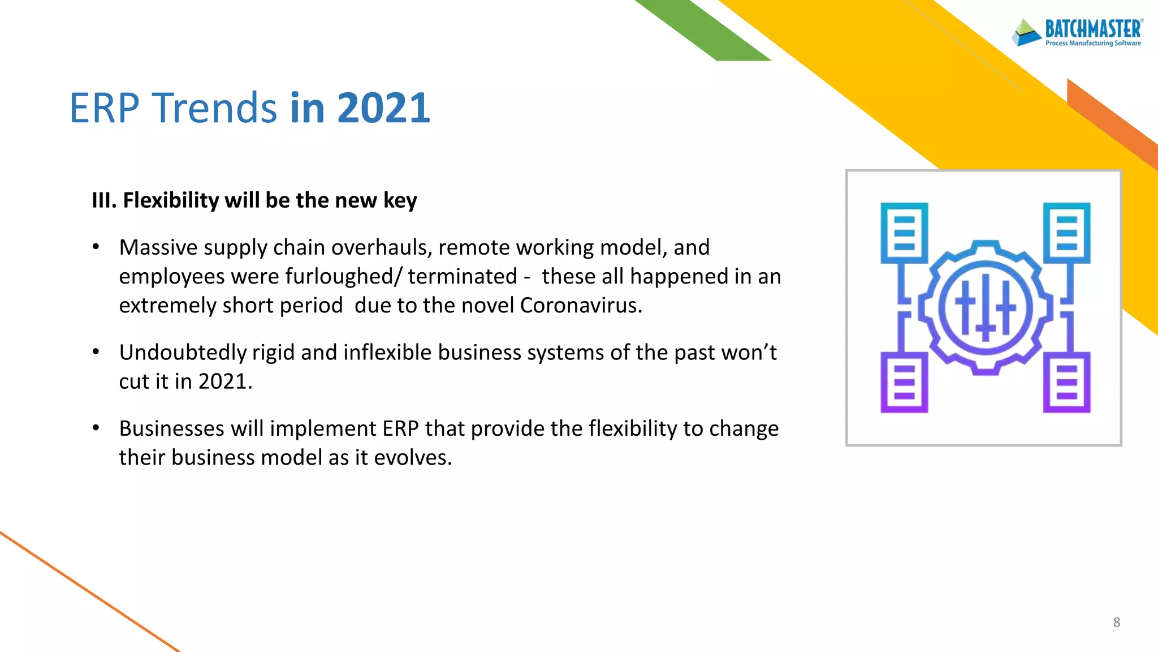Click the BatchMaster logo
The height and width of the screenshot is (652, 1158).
[x=1077, y=32]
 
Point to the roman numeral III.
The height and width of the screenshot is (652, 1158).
[x=103, y=200]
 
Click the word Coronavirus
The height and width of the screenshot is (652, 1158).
[x=581, y=306]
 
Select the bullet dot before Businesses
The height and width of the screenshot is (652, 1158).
[x=96, y=428]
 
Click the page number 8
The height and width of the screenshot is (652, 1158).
[x=1116, y=623]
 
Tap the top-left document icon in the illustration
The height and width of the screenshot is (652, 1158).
[x=904, y=233]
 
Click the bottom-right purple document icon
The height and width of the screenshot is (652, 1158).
[x=1066, y=382]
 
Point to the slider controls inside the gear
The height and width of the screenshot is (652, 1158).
[x=986, y=307]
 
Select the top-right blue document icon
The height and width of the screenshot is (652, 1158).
[x=1066, y=233]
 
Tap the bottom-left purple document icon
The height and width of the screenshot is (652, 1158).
[x=904, y=382]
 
